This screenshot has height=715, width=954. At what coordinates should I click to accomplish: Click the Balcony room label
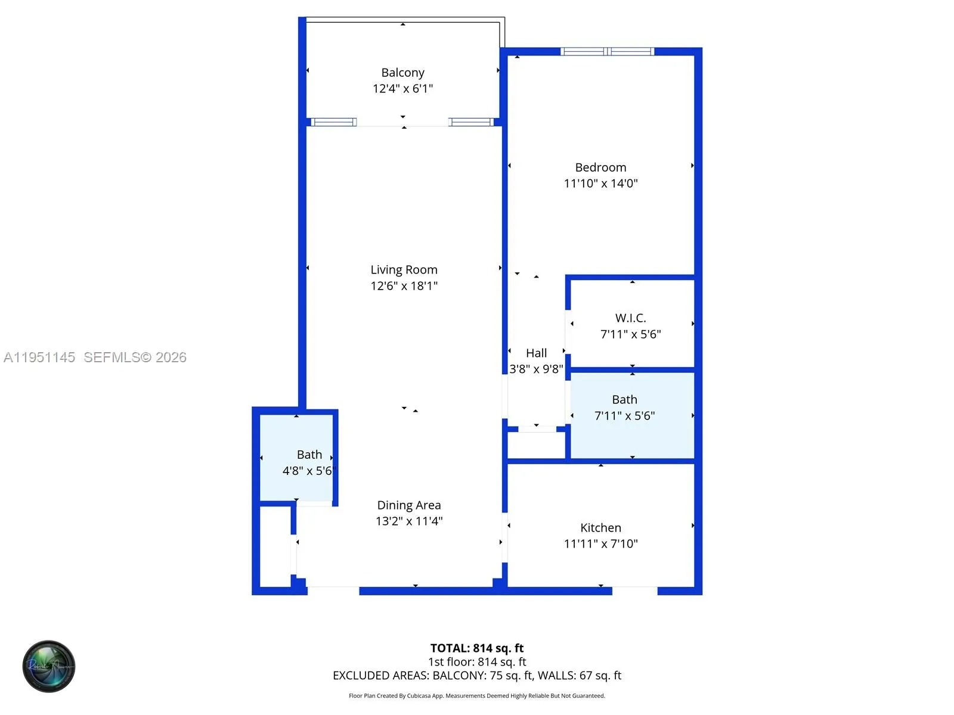click(x=402, y=73)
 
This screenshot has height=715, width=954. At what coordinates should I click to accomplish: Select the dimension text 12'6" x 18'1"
click(x=404, y=286)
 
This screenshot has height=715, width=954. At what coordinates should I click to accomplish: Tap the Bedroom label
click(x=600, y=167)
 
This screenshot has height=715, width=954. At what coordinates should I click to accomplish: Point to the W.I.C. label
click(x=630, y=318)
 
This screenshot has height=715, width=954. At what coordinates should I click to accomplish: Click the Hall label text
click(x=536, y=353)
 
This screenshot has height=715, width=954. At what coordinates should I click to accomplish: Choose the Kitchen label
click(x=600, y=528)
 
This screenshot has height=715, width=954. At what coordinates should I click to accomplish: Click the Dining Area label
click(x=409, y=505)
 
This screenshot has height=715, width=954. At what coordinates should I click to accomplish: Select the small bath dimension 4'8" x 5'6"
click(x=309, y=471)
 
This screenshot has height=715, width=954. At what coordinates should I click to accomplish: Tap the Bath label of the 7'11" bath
click(x=624, y=400)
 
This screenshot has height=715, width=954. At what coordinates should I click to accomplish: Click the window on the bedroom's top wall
click(x=607, y=52)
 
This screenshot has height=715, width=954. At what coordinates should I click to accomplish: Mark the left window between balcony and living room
click(x=334, y=122)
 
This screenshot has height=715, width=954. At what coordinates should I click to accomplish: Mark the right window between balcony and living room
click(x=471, y=122)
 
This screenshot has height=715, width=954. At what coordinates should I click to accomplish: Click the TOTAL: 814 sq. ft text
click(x=477, y=648)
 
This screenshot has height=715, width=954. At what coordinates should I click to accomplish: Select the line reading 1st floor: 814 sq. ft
click(x=477, y=662)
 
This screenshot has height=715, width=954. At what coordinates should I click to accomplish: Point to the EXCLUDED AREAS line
click(x=477, y=676)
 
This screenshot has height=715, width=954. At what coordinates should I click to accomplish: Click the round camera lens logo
click(x=49, y=666)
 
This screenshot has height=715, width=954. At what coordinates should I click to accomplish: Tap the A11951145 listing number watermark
click(x=39, y=357)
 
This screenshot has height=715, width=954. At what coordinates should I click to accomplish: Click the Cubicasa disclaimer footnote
click(x=477, y=696)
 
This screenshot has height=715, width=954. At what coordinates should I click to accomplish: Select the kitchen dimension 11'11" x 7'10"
click(x=600, y=544)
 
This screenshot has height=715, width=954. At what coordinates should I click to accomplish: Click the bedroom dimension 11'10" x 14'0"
click(x=600, y=184)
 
